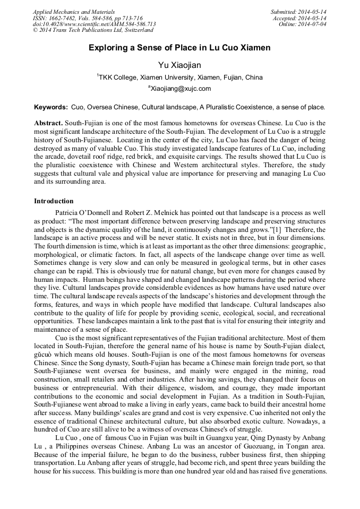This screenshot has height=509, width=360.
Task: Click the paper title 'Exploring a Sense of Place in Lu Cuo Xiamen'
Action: [x=179, y=48]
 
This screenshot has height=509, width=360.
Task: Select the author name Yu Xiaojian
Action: [x=179, y=65]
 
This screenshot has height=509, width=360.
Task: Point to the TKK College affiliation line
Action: [x=179, y=77]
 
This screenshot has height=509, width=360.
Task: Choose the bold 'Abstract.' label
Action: [x=48, y=123]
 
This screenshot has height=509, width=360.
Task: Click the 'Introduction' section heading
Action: [x=54, y=201]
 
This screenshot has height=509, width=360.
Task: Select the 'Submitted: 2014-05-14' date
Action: [x=298, y=12]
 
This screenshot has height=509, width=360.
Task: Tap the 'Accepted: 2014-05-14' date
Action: [x=299, y=18]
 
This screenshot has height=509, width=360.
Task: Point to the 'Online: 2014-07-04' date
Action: [x=302, y=24]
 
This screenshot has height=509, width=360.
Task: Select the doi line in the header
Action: [x=94, y=24]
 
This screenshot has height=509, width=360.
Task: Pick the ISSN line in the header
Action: [x=88, y=18]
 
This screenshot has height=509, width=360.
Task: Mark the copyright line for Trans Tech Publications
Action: [x=93, y=31]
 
